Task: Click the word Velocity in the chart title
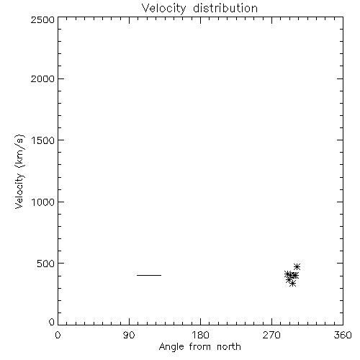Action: click(164, 9)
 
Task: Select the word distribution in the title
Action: click(225, 8)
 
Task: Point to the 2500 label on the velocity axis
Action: click(42, 19)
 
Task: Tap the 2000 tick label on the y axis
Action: click(42, 78)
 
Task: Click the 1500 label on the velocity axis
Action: click(43, 140)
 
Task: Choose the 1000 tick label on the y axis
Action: click(43, 202)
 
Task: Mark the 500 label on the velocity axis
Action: click(46, 264)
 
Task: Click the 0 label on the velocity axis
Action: click(52, 322)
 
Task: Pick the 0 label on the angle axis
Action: click(58, 335)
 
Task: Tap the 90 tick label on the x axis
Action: click(129, 335)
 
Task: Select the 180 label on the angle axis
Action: click(200, 335)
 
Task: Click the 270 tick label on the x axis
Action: click(271, 335)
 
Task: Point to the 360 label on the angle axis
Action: click(343, 335)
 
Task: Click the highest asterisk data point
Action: click(297, 266)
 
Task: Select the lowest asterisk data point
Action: click(292, 284)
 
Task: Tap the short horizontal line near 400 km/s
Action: click(149, 275)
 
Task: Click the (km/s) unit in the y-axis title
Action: click(19, 151)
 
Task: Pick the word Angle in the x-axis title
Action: click(171, 347)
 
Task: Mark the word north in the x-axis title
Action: click(229, 346)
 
